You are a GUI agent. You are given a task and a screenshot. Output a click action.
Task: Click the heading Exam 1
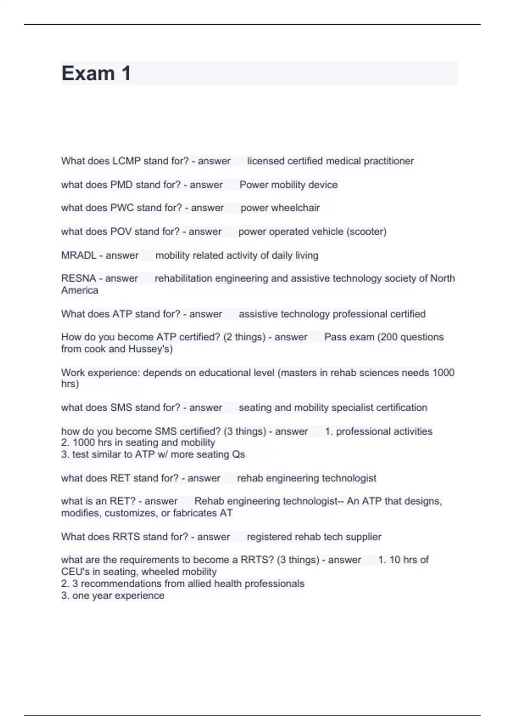tap(96, 73)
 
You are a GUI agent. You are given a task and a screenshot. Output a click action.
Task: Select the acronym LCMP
tap(127, 161)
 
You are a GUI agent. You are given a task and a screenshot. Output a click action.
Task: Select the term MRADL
tap(79, 255)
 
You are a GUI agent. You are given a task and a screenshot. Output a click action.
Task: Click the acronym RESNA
tap(79, 278)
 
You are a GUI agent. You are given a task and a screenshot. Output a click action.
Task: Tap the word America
tap(80, 290)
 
